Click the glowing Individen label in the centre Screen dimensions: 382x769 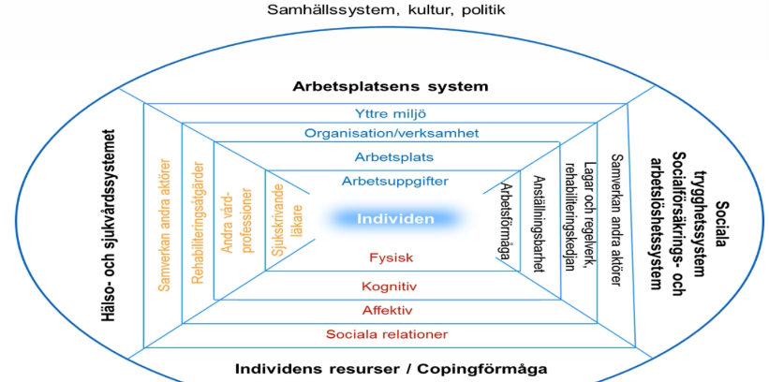click(395, 218)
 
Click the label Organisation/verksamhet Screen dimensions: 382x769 click(392, 134)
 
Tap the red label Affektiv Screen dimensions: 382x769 click(388, 310)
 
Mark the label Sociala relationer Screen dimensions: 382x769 click(387, 334)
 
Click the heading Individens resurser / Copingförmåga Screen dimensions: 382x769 click(391, 368)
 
